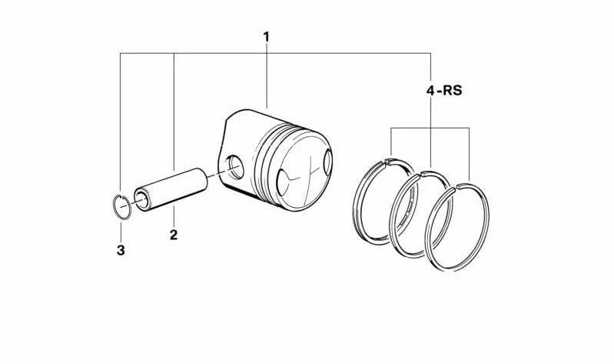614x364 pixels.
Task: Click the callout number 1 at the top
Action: coord(267,36)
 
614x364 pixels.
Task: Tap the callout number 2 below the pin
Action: coord(174,235)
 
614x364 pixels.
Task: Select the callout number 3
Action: coord(121,250)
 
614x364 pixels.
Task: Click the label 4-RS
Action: coord(444,91)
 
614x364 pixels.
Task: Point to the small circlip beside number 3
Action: coord(121,207)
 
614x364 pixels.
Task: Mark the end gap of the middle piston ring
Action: coord(420,175)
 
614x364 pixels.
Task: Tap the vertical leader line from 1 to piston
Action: coord(267,77)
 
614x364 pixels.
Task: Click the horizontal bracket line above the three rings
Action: coord(430,129)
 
